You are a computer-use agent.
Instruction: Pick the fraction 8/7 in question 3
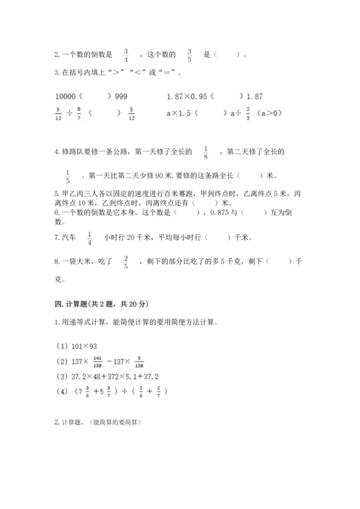pyautogui.click(x=78, y=113)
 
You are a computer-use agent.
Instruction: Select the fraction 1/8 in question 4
pyautogui.click(x=206, y=152)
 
